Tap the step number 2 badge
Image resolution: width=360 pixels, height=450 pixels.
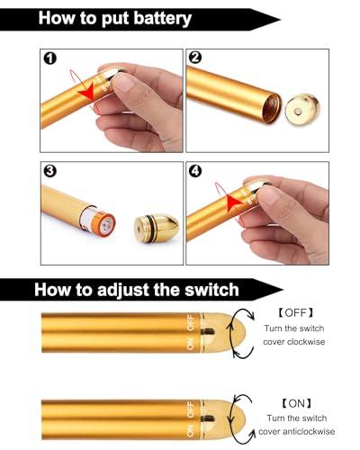point(195,58)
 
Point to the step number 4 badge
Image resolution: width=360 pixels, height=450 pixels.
point(195,170)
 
